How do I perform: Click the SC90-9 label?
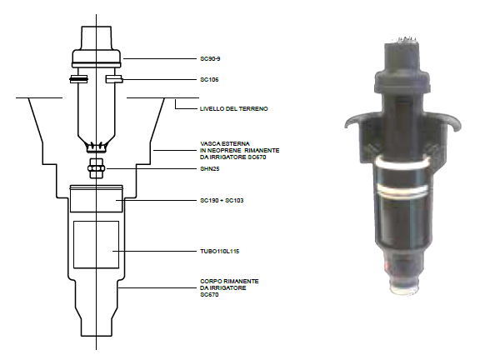pos(210,59)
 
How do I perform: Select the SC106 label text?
pos(209,80)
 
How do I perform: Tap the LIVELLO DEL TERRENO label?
pos(234,108)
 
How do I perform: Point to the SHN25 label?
pos(210,168)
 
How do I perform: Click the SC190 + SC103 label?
pos(222,201)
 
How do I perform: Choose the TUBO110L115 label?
pos(219,252)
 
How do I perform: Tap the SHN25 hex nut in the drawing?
pos(96,168)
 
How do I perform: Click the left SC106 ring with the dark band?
pos(78,79)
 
